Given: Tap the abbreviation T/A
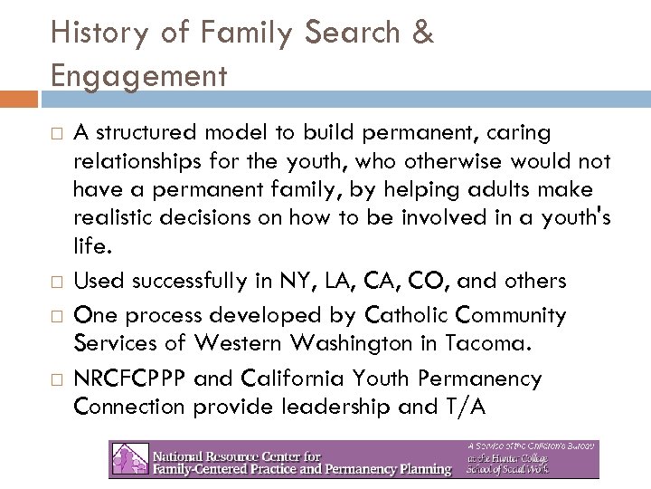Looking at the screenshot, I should tap(463, 407).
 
